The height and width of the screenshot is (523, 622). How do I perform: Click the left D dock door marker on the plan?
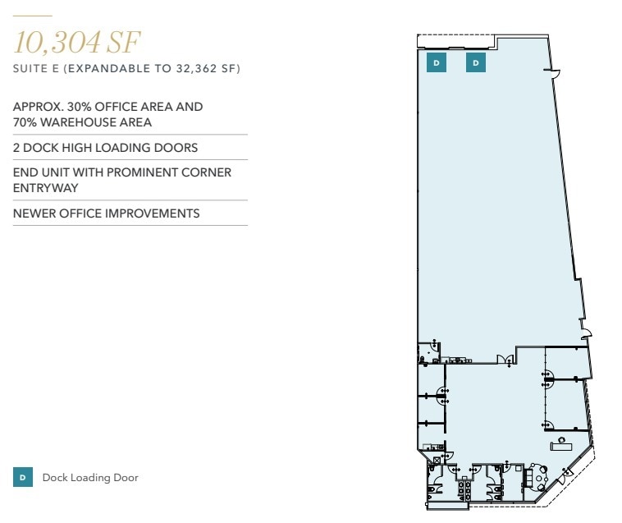point(437,62)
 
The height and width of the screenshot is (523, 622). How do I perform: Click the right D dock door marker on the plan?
point(476,62)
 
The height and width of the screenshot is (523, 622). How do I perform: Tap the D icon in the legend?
point(23,477)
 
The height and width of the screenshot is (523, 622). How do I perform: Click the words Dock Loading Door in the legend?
point(90,478)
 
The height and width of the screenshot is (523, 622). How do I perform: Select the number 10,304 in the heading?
point(56,42)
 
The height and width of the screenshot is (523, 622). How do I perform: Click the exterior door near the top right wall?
point(556,76)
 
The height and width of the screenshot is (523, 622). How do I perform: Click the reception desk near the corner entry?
point(562,444)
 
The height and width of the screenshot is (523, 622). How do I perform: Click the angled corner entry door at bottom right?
point(566,474)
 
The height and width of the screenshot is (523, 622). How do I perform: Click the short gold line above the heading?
point(33,16)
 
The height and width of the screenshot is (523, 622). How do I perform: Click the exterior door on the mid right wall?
point(585,333)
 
